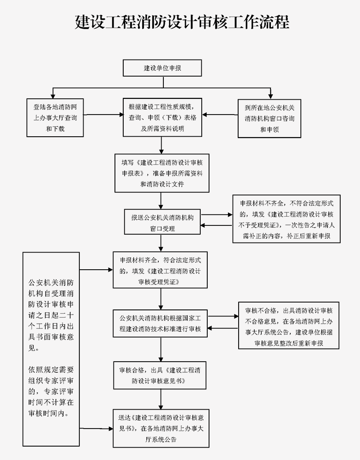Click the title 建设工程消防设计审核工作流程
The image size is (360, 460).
(182, 22)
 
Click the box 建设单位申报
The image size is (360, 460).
(162, 68)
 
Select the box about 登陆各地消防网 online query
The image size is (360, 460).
(55, 118)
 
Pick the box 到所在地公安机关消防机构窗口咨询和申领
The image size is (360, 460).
(269, 118)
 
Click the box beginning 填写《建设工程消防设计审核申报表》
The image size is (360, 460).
(162, 173)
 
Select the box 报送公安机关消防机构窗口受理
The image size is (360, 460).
(162, 222)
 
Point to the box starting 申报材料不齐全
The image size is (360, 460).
(287, 219)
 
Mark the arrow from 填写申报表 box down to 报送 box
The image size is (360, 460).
(162, 200)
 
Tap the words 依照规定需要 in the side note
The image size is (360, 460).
(51, 370)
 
